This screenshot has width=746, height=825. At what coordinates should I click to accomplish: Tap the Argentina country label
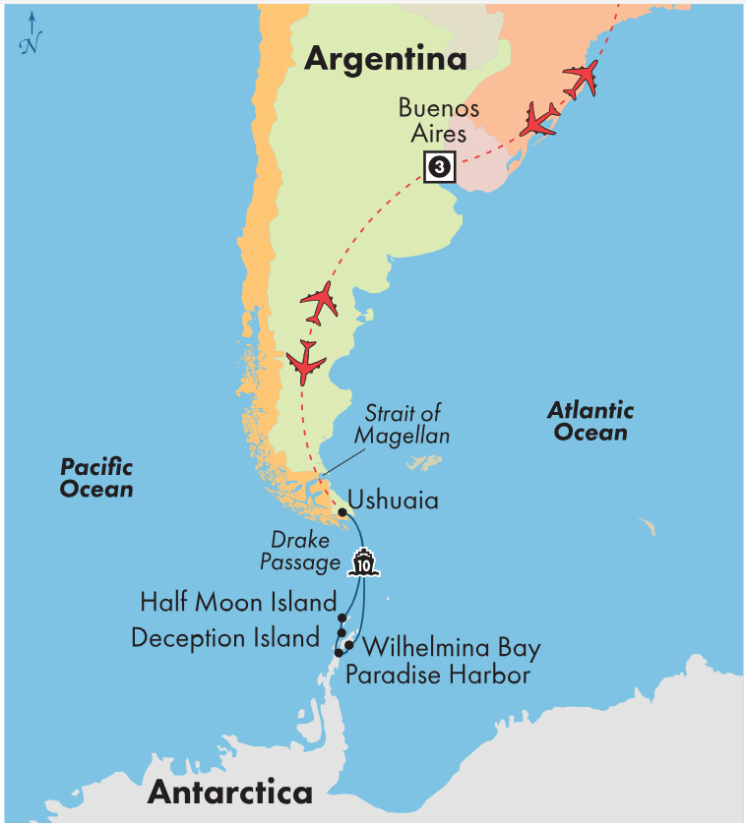385,59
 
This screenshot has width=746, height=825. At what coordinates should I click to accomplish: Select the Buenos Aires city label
439,121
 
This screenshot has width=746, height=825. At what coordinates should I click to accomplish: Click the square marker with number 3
439,167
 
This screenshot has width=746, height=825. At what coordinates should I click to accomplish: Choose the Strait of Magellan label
404,424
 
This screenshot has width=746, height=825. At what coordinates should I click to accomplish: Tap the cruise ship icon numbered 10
363,563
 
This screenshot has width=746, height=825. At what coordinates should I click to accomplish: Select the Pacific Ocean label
96,478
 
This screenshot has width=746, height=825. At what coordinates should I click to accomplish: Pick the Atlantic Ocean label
591,421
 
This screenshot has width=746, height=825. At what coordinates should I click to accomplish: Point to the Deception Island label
225,637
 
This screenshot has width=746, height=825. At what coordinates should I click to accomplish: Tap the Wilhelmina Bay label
452,648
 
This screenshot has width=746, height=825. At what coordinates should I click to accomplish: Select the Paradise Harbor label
438,675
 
